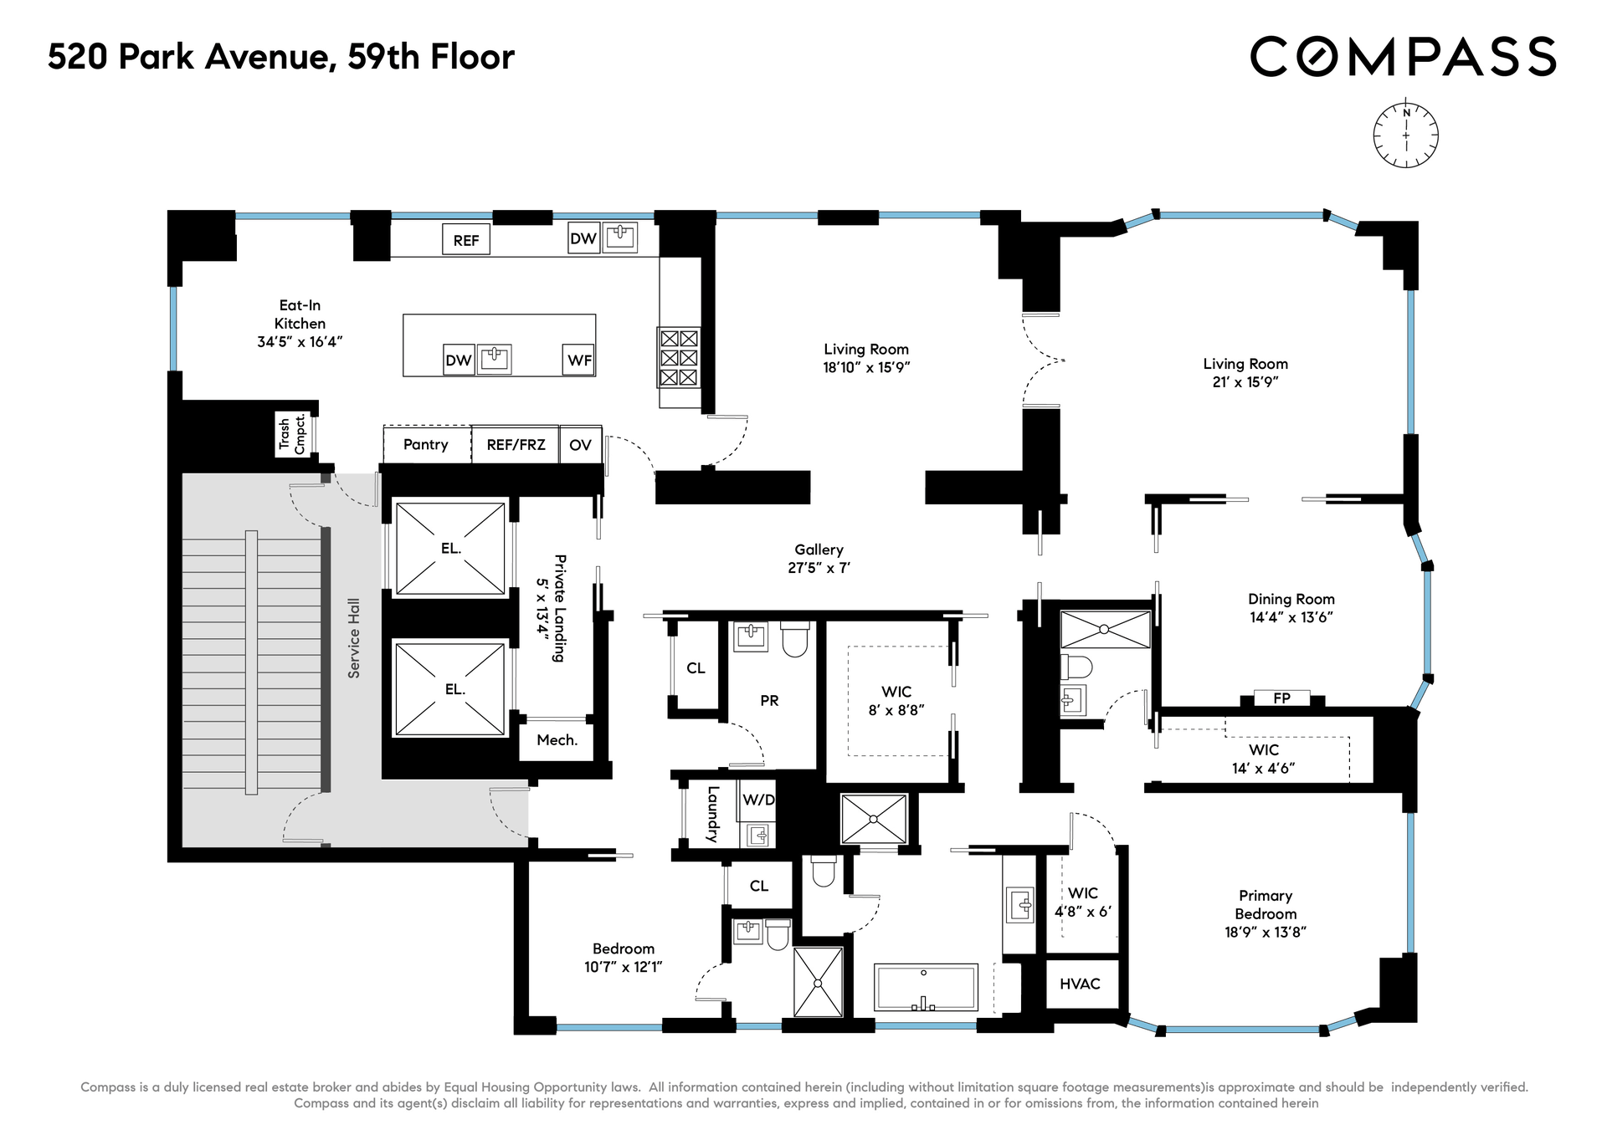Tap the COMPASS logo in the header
[1403, 57]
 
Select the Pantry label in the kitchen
[426, 444]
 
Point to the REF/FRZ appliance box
[516, 444]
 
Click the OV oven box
[581, 444]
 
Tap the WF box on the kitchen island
[579, 360]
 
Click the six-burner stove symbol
[679, 358]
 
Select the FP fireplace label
[1281, 698]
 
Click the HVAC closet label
[1080, 984]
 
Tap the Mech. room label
[557, 740]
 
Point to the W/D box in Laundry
[758, 800]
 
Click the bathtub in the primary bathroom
[926, 988]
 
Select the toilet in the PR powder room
[795, 638]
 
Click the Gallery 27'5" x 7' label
[819, 559]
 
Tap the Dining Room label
[1291, 608]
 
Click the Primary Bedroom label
[1266, 913]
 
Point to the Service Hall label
[354, 637]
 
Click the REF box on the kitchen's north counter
[466, 240]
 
